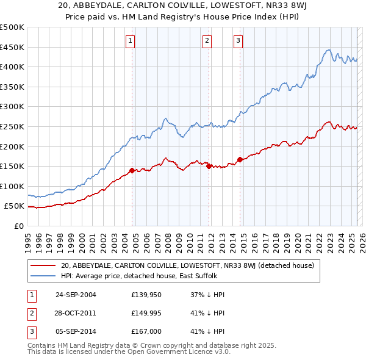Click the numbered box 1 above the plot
point(131,41)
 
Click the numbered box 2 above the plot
point(207,41)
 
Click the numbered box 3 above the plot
point(238,41)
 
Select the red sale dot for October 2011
point(209,166)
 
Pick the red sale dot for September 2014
point(240,159)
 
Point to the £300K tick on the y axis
point(12,107)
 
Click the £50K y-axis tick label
point(14,206)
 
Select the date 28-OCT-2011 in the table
point(76,313)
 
